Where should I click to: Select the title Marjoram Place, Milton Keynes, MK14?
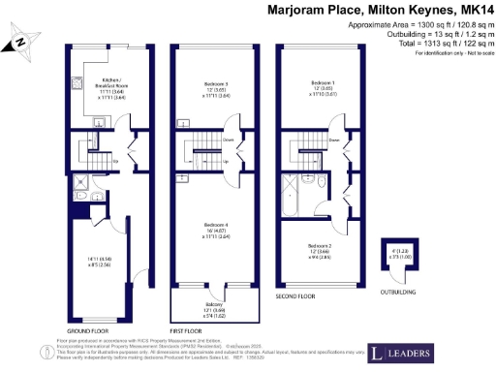coord(379,10)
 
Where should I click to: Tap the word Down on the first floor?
coord(228,139)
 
